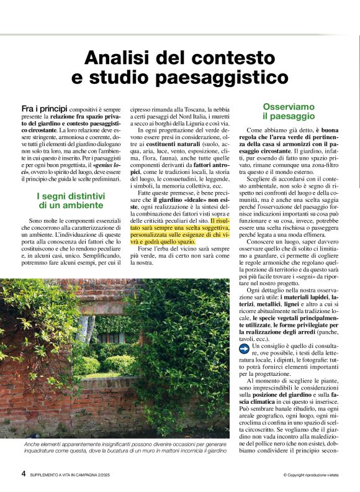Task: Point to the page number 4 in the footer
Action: coord(24,475)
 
